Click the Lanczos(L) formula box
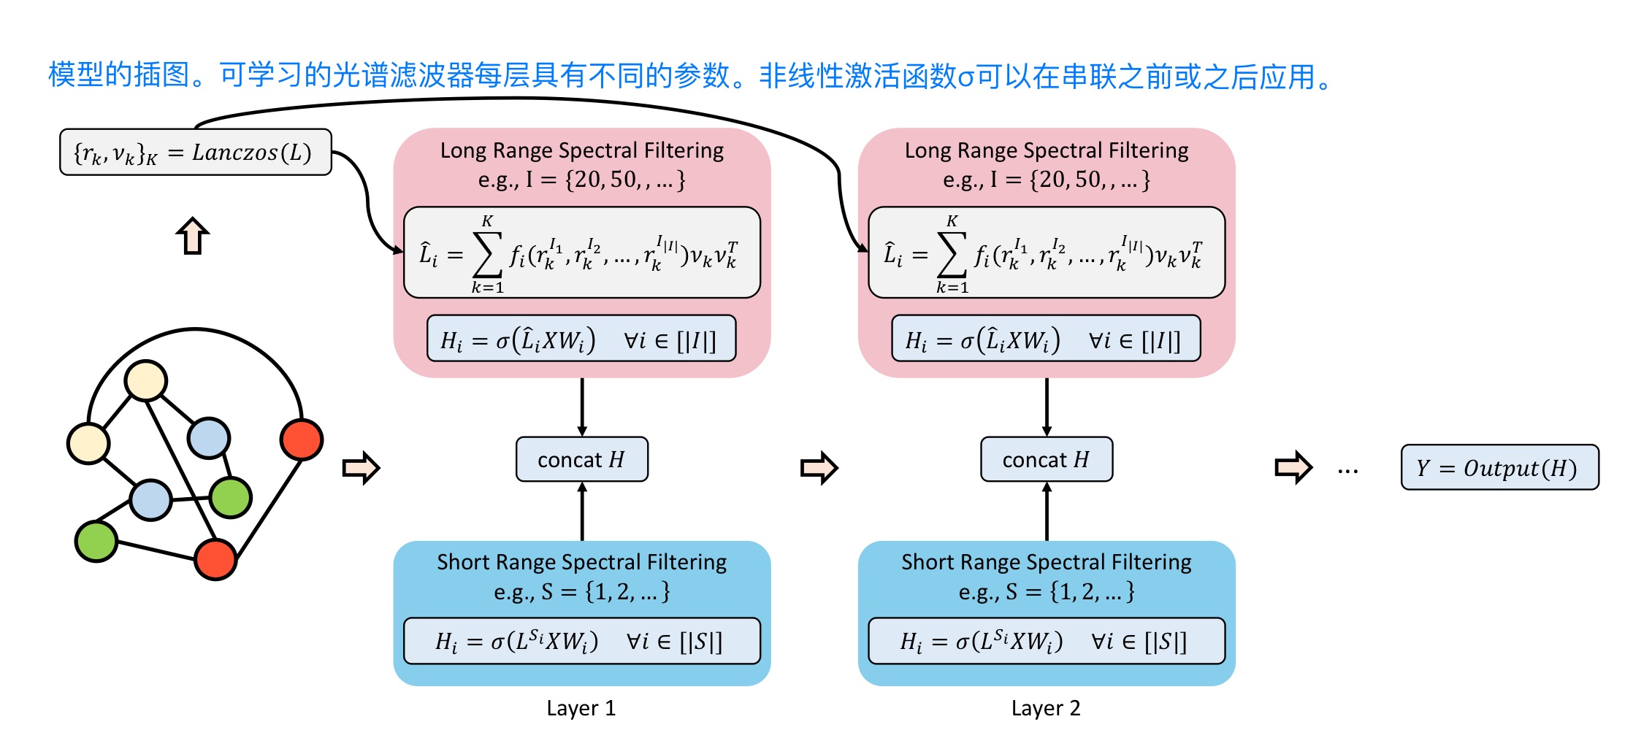point(195,153)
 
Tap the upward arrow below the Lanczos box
point(193,237)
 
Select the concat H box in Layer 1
point(581,459)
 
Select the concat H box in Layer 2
point(1046,459)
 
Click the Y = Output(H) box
point(1499,467)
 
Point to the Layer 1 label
point(581,708)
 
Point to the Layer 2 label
point(1045,708)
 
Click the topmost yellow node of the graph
point(146,380)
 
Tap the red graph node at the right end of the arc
point(301,439)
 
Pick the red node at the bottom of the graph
point(215,559)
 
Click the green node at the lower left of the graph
point(96,541)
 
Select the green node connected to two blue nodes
point(230,497)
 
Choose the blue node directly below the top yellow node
point(150,500)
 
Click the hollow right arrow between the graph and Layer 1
point(361,468)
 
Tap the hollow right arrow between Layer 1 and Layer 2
point(819,468)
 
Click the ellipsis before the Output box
point(1347,471)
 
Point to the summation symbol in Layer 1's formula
point(488,254)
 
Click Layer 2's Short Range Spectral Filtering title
point(1046,561)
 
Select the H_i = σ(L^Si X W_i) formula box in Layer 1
point(581,641)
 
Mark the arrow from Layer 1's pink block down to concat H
point(582,407)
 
